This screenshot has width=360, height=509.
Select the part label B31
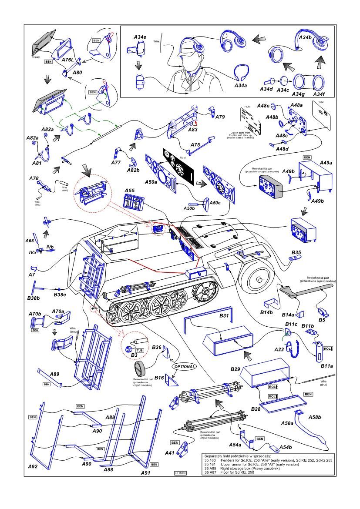pos(224,315)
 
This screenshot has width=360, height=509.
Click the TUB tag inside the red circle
pos(140,350)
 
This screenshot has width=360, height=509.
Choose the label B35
pos(296,252)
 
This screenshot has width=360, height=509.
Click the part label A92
pos(33,466)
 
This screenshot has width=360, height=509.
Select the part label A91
pos(146,472)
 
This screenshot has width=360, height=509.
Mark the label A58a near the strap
pos(287,423)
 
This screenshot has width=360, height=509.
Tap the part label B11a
pos(327,367)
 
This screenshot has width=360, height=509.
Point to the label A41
pos(170,453)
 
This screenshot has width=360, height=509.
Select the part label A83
pos(193,130)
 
